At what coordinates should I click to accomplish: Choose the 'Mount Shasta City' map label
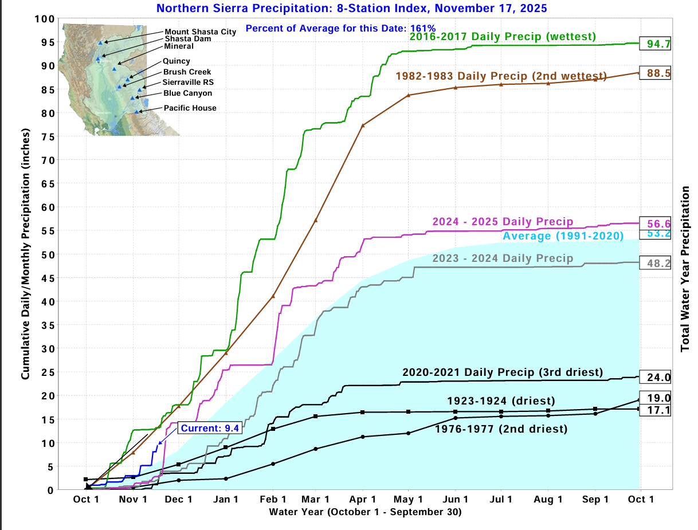click(200, 32)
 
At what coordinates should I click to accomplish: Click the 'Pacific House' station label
click(190, 108)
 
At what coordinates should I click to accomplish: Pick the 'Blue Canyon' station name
click(187, 93)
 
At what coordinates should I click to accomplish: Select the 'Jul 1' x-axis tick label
click(501, 500)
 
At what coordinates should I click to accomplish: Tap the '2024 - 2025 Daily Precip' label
click(503, 222)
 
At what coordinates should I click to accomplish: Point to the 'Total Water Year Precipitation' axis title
click(685, 269)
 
